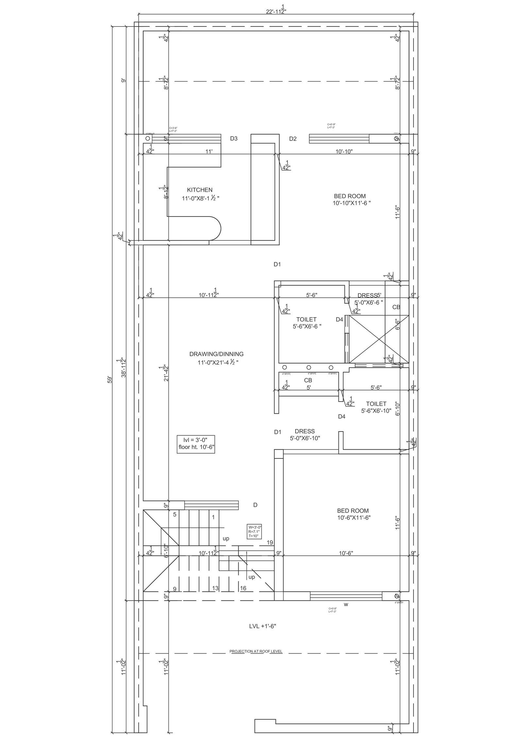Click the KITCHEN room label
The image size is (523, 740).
199,190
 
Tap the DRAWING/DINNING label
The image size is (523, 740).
216,354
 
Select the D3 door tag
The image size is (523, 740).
233,139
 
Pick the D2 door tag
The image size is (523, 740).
293,139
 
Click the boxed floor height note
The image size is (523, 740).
196,444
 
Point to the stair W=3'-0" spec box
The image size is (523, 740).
254,532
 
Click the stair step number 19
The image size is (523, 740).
270,543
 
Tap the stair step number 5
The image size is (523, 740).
175,514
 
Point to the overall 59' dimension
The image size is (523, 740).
110,380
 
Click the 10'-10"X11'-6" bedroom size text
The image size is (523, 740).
351,203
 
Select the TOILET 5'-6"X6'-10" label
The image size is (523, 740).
376,407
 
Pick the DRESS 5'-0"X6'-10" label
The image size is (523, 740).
305,435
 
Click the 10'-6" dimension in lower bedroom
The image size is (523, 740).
346,553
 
